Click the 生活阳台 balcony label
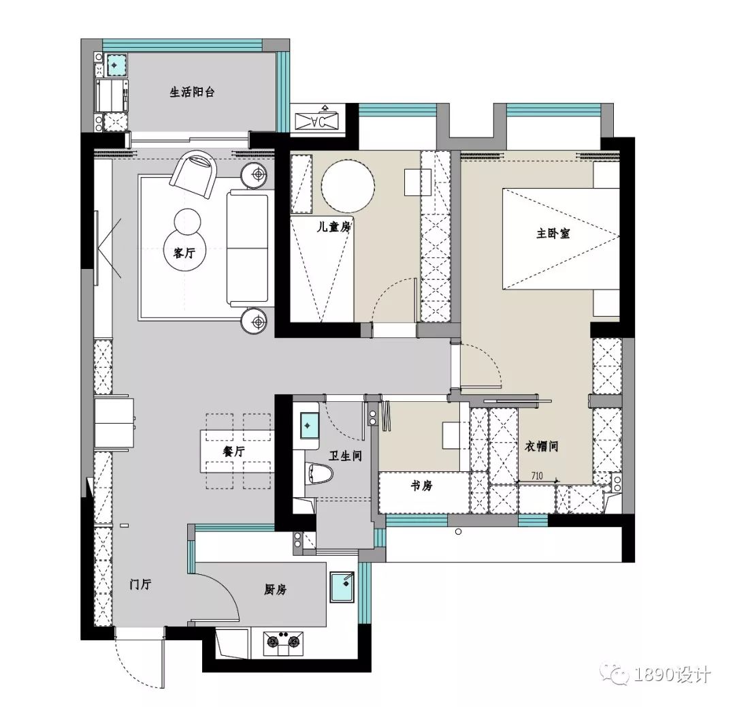[192, 92]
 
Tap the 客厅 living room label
[184, 253]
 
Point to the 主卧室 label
[553, 233]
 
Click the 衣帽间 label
[542, 447]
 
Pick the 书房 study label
[419, 486]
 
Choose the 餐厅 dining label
[233, 452]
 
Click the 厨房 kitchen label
[276, 590]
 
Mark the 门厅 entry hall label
[140, 584]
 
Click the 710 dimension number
[537, 476]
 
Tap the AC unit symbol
[320, 121]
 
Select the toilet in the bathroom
[318, 475]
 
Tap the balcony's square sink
[114, 65]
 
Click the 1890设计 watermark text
[672, 675]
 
